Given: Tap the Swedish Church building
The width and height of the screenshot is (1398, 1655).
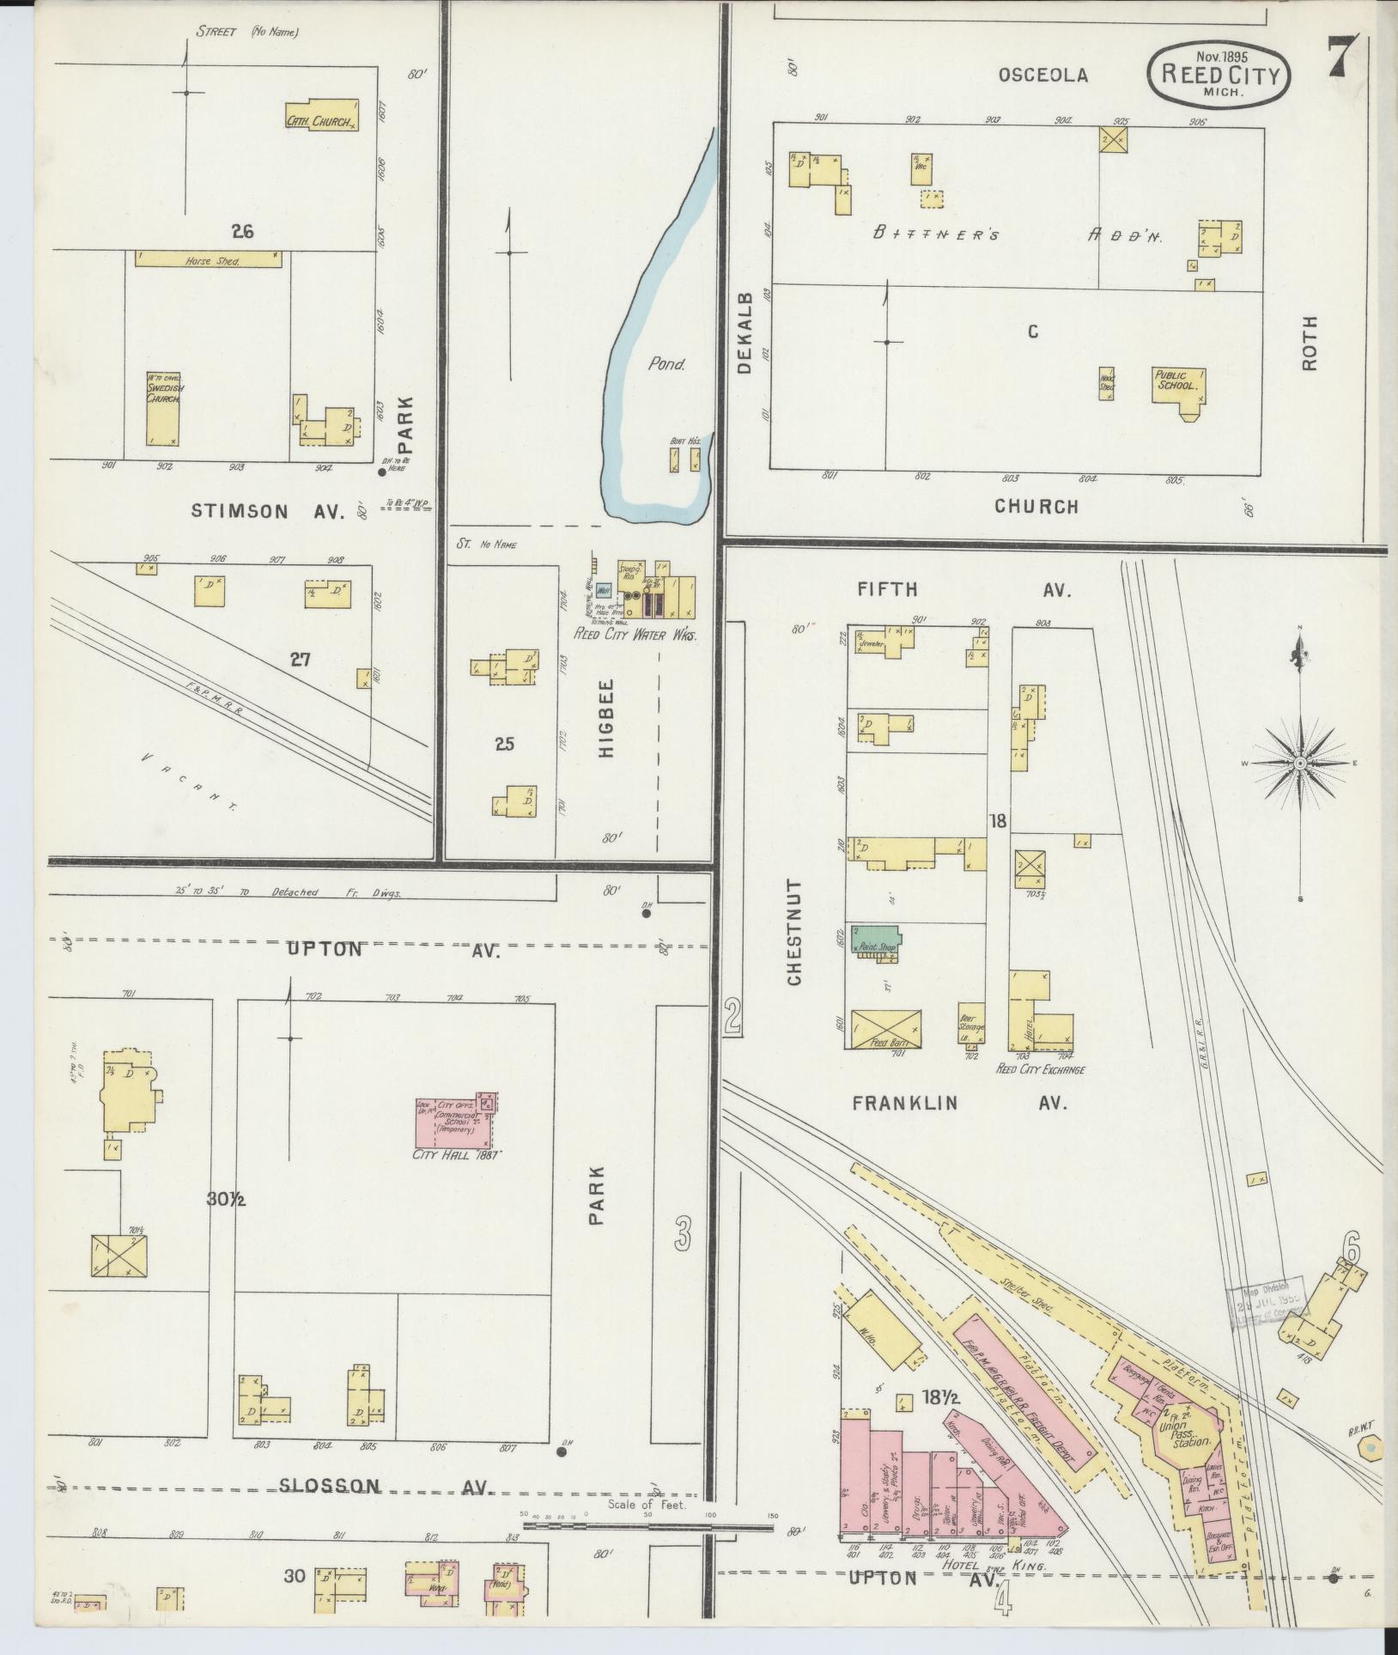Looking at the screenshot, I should [x=162, y=409].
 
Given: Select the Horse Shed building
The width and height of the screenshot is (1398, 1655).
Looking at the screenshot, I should [x=209, y=258].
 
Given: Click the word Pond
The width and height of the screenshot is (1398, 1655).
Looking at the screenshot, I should [x=666, y=364].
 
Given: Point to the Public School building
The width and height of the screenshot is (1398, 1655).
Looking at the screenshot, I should [x=1178, y=387].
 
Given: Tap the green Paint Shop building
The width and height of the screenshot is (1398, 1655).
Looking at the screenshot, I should [x=873, y=940].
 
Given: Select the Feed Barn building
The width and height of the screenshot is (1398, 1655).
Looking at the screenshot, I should [x=885, y=1028].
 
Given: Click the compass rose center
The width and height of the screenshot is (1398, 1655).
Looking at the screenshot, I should [x=1300, y=763].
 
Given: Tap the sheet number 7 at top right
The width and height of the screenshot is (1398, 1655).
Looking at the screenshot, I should [x=1343, y=58].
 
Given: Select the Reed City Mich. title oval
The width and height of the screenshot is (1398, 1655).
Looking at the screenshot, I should [x=1219, y=76].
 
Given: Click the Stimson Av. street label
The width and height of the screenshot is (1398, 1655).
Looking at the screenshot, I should [x=267, y=511].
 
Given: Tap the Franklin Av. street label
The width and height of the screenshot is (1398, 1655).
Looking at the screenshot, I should [x=959, y=1103].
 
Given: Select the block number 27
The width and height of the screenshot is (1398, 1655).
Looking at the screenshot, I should [x=300, y=660].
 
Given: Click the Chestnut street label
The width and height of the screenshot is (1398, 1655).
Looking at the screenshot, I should [x=793, y=931].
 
